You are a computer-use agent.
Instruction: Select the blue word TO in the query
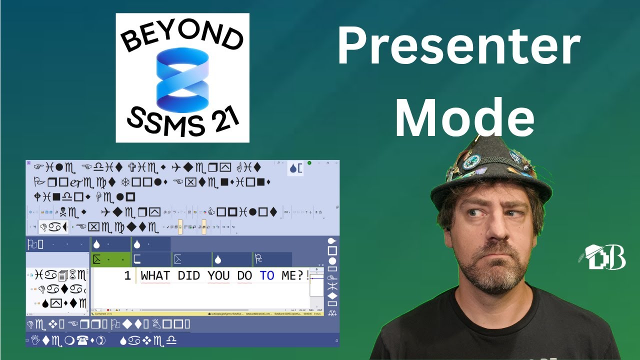click(266, 275)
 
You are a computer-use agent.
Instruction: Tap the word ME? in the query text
click(292, 275)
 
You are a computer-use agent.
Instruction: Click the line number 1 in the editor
click(127, 275)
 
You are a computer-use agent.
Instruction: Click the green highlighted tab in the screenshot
click(110, 259)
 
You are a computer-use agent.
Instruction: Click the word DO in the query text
click(244, 275)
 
